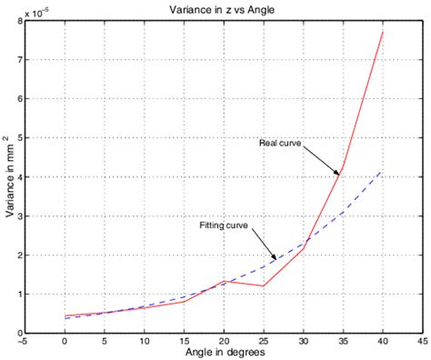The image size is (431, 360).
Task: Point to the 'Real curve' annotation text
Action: pyautogui.click(x=279, y=143)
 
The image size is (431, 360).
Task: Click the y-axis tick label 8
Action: pyautogui.click(x=19, y=21)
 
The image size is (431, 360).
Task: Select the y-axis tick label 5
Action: pyautogui.click(x=19, y=138)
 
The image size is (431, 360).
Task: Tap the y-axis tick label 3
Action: pyautogui.click(x=19, y=216)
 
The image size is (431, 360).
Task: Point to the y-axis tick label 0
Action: pyautogui.click(x=19, y=333)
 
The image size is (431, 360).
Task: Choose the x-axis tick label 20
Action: pyautogui.click(x=224, y=343)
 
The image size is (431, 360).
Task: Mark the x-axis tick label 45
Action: pyautogui.click(x=422, y=343)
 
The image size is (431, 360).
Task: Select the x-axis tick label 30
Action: pyautogui.click(x=303, y=343)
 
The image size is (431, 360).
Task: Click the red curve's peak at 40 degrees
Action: pyautogui.click(x=383, y=32)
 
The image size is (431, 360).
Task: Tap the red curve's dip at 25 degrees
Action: pyautogui.click(x=264, y=286)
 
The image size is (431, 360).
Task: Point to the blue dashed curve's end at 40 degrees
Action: pyautogui.click(x=383, y=171)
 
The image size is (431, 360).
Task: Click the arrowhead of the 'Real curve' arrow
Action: pyautogui.click(x=340, y=173)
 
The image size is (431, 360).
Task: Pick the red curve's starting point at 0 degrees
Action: pyautogui.click(x=65, y=315)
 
